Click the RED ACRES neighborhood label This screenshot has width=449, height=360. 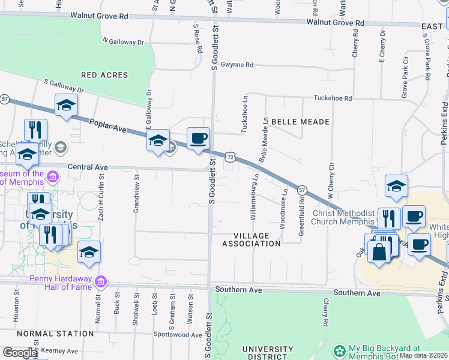click(104, 75)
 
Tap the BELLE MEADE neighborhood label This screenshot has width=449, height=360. click(300, 122)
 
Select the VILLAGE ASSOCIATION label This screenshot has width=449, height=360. click(252, 239)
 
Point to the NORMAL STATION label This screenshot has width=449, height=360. click(47, 333)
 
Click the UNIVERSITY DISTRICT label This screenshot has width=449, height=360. click(267, 353)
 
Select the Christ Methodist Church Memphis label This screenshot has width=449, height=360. click(343, 217)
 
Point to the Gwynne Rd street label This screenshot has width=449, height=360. click(237, 65)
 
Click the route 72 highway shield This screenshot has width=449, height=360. click(230, 157)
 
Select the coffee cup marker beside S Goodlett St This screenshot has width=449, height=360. click(198, 139)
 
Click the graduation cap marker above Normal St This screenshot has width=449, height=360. click(89, 253)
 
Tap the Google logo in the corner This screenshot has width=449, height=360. click(19, 353)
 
